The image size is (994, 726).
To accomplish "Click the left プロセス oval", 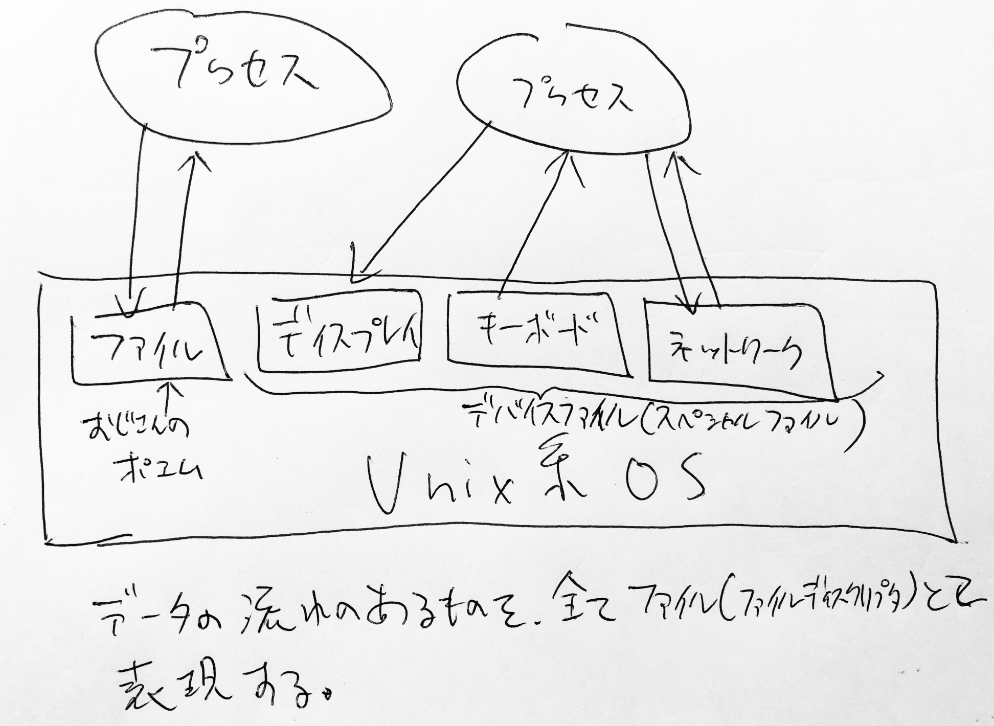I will pyautogui.click(x=240, y=77).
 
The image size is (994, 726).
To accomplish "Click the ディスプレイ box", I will pyautogui.click(x=340, y=332).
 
